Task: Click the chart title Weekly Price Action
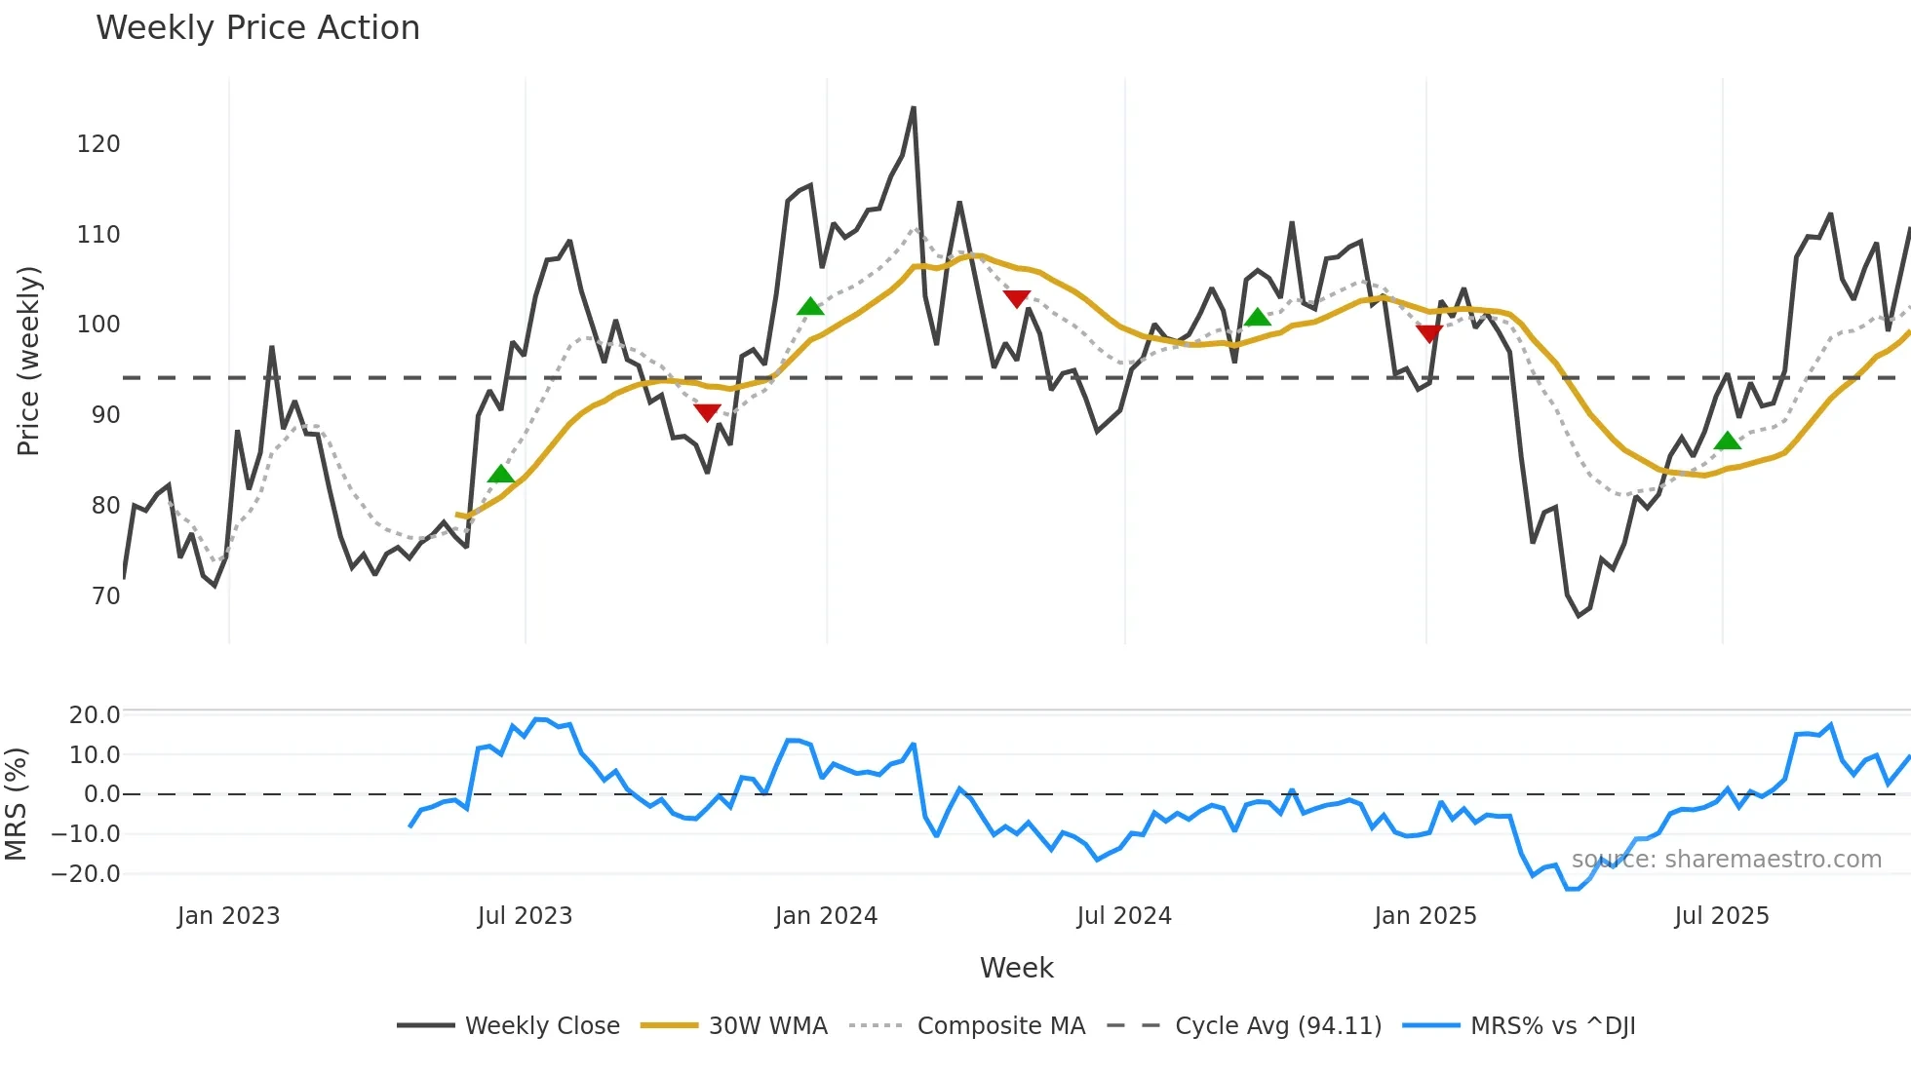point(257,28)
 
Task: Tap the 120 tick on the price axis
point(98,144)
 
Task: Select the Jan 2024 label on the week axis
point(826,916)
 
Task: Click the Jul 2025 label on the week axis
point(1721,916)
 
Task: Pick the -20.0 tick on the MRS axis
point(86,874)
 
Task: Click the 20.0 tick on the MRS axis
point(94,715)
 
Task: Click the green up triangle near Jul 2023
point(500,475)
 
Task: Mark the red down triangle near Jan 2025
point(1429,333)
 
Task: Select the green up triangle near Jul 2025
point(1728,441)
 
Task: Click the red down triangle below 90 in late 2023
point(707,412)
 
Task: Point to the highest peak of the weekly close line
point(914,108)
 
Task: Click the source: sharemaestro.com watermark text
point(1726,860)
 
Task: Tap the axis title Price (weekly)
point(29,361)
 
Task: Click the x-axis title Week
point(1016,968)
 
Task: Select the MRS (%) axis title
point(17,804)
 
